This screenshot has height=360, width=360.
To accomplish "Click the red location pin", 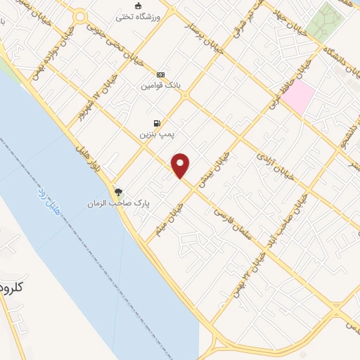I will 181,165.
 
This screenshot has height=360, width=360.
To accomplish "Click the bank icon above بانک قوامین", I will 161,75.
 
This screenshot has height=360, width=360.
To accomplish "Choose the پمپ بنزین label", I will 155,131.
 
